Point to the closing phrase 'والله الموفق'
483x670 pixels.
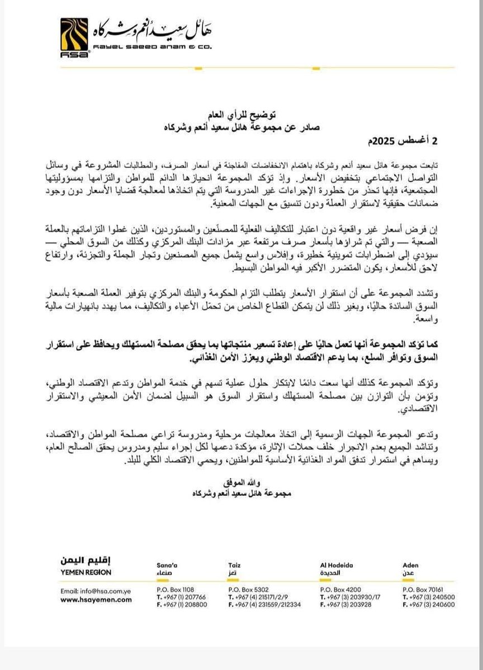(243, 482)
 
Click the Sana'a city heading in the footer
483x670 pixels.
(168, 565)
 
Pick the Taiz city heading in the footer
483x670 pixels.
(234, 565)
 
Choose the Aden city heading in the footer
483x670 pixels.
(410, 565)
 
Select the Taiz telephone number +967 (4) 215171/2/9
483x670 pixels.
(262, 596)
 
